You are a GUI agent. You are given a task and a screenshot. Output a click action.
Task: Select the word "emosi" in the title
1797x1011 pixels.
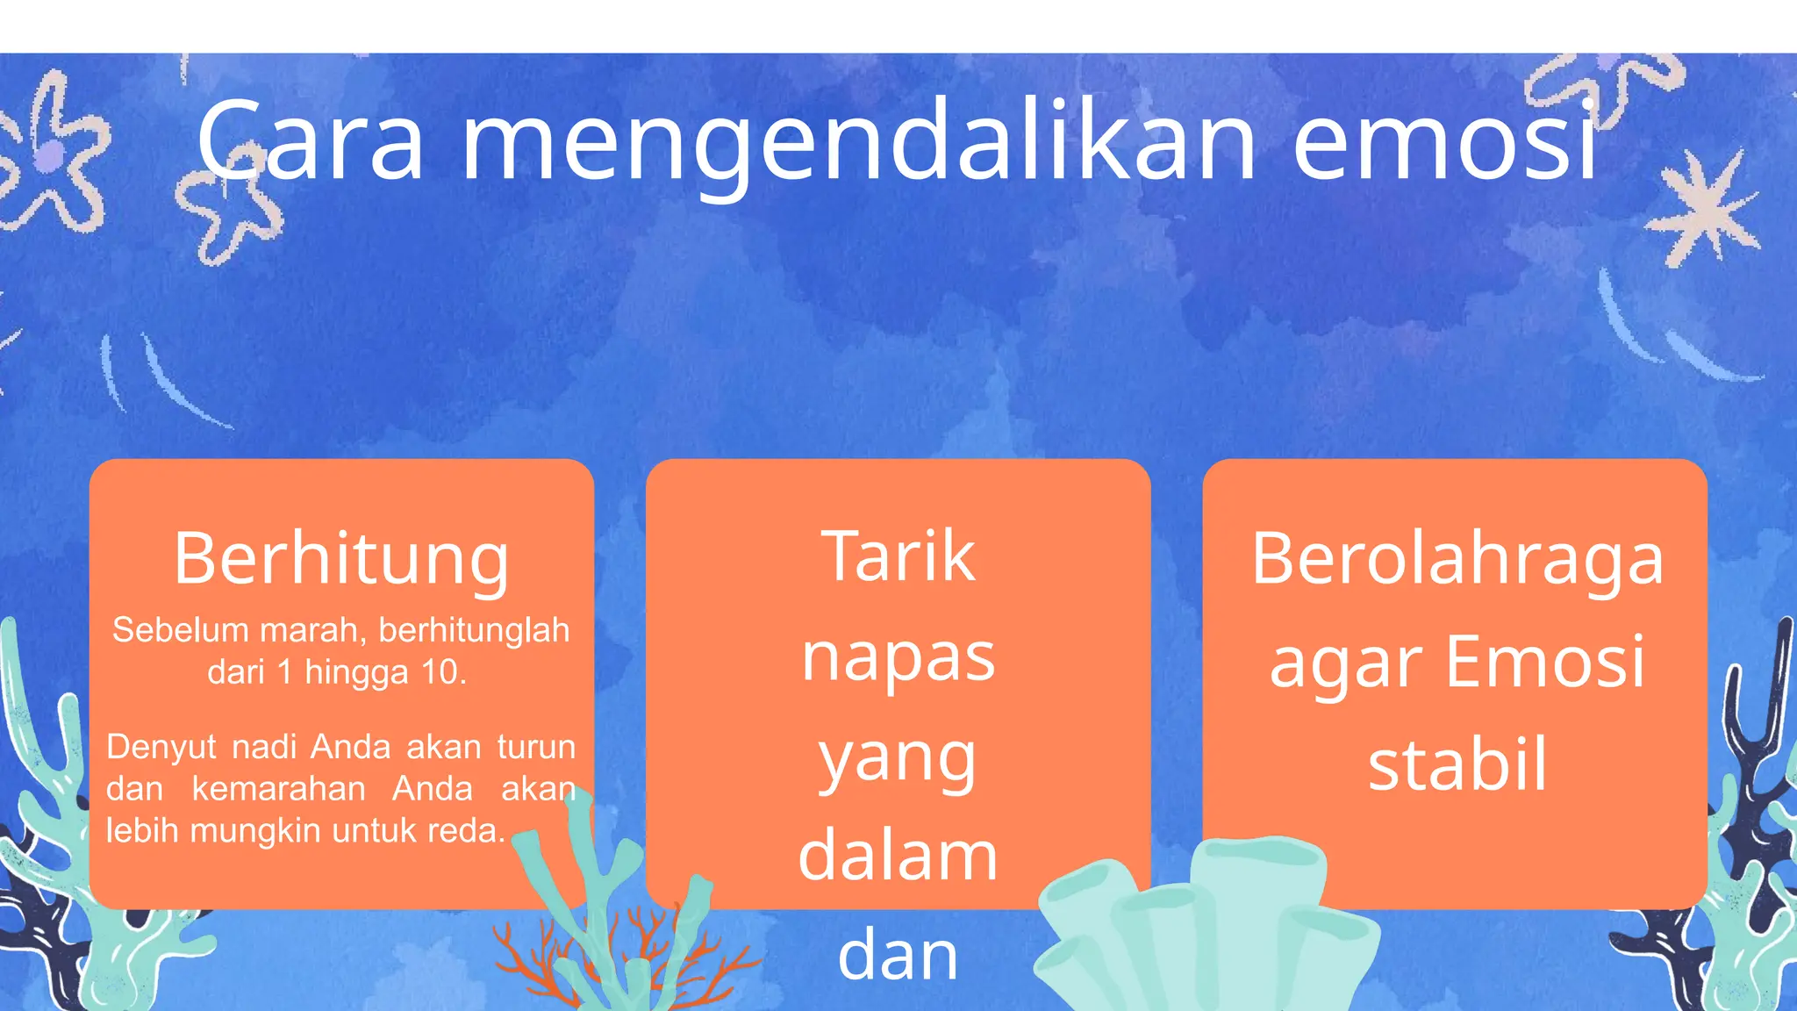pyautogui.click(x=1444, y=142)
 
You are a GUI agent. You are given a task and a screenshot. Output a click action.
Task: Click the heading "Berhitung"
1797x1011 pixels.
pyautogui.click(x=341, y=559)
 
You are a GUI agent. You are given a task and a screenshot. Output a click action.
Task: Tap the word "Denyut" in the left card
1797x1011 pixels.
pyautogui.click(x=161, y=747)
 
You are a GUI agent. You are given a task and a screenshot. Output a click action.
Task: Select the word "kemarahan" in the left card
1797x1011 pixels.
pyautogui.click(x=278, y=788)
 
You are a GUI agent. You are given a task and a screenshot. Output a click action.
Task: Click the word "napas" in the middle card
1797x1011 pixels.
pyautogui.click(x=898, y=658)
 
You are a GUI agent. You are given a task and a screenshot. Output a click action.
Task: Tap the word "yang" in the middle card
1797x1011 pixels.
pyautogui.click(x=898, y=759)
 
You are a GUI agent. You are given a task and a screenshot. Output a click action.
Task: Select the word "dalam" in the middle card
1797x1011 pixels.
pyautogui.click(x=898, y=856)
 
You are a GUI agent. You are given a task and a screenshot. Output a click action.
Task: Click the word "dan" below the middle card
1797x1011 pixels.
pyautogui.click(x=898, y=956)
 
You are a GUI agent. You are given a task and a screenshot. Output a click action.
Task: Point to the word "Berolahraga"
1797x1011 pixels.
pyautogui.click(x=1457, y=559)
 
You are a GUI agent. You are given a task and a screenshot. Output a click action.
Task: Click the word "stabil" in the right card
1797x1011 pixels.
pyautogui.click(x=1457, y=764)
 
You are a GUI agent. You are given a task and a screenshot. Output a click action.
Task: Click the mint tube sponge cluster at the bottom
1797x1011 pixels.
pyautogui.click(x=1211, y=930)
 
